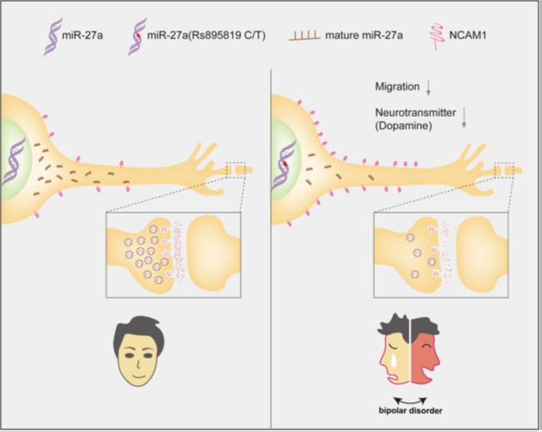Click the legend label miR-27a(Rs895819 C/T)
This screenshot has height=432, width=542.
click(206, 35)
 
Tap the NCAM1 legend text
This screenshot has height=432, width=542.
click(468, 35)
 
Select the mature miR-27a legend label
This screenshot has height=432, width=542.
click(364, 35)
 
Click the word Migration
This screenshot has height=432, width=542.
click(397, 87)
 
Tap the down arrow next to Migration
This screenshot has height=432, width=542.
click(429, 88)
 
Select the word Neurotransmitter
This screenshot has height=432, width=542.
click(415, 113)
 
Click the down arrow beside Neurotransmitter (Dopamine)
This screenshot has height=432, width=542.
click(464, 118)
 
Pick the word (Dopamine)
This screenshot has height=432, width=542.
click(404, 126)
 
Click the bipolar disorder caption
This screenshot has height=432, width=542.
click(410, 410)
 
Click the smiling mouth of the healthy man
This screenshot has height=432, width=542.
click(139, 375)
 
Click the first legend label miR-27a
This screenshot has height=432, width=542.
click(83, 35)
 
